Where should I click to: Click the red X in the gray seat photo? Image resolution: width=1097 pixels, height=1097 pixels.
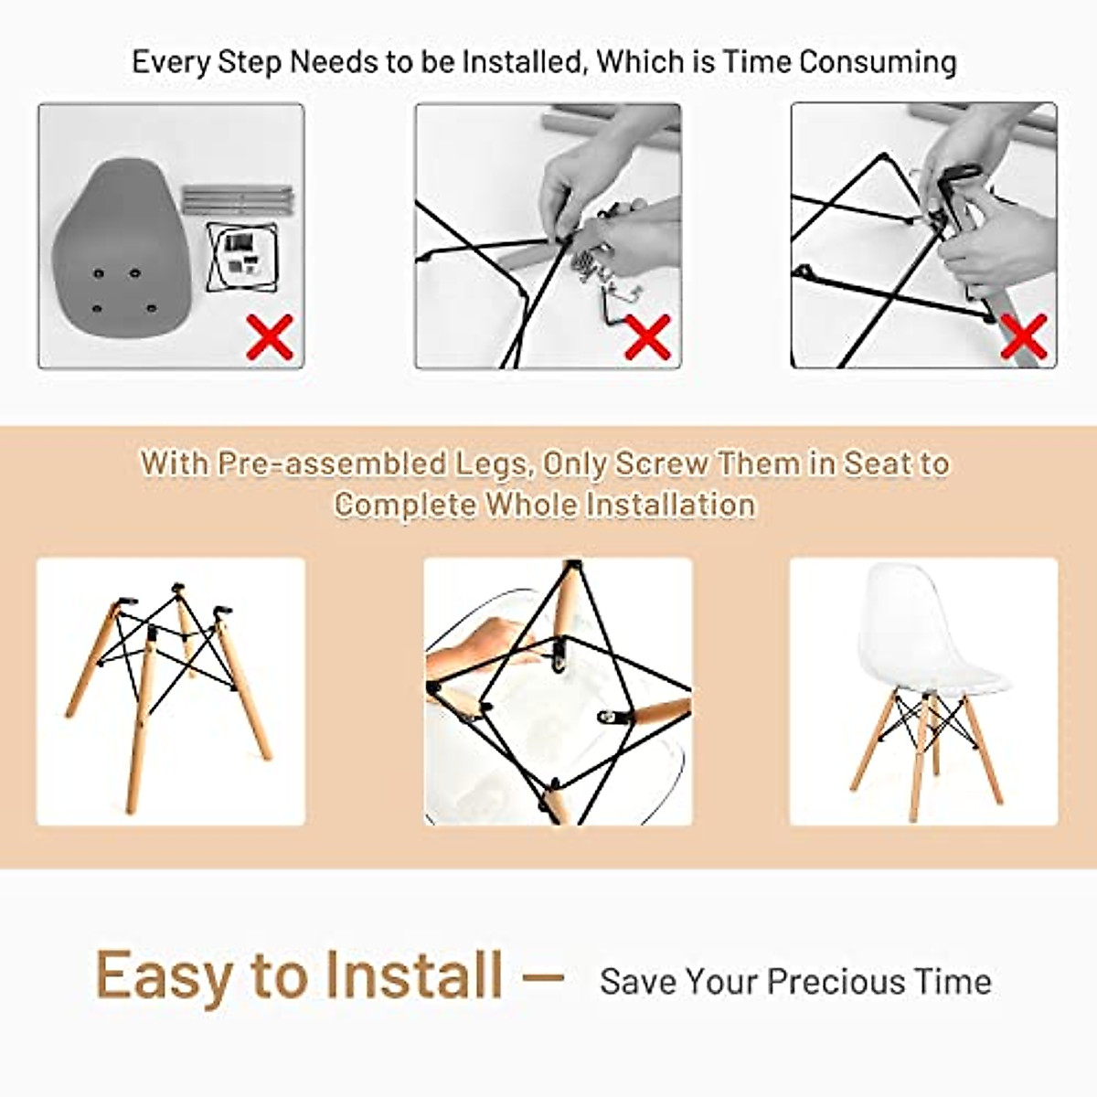pos(271,336)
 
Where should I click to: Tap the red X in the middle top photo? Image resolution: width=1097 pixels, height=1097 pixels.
pos(647,336)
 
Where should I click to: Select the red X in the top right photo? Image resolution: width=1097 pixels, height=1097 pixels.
pos(1023,336)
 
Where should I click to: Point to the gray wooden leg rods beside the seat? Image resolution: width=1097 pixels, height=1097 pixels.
pos(237,199)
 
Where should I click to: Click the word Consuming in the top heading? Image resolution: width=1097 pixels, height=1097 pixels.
pos(878,62)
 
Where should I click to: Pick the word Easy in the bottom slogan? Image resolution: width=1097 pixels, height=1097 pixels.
pos(164,975)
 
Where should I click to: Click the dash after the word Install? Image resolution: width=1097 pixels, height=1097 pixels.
pos(541,976)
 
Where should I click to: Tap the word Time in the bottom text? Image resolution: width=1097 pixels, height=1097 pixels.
pos(953,982)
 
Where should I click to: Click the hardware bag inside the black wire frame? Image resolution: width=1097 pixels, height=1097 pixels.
pos(241,251)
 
